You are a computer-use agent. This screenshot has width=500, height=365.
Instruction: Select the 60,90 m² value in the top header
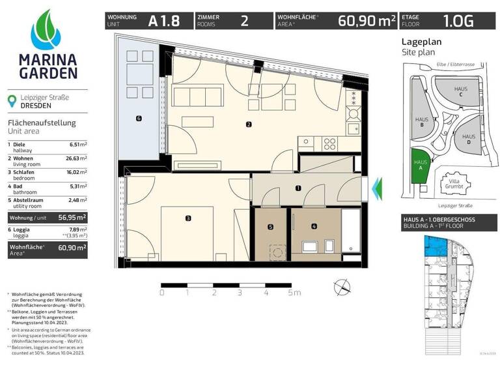[367, 21]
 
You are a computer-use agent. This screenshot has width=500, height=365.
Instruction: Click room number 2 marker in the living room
[249, 124]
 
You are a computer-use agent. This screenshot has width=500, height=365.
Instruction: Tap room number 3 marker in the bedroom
[187, 218]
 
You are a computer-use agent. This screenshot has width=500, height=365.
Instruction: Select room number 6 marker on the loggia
[139, 118]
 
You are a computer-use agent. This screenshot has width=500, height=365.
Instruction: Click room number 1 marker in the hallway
[298, 188]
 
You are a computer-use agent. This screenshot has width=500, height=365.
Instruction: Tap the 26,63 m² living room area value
[78, 157]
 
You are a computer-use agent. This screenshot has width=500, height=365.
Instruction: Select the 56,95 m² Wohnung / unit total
[74, 216]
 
